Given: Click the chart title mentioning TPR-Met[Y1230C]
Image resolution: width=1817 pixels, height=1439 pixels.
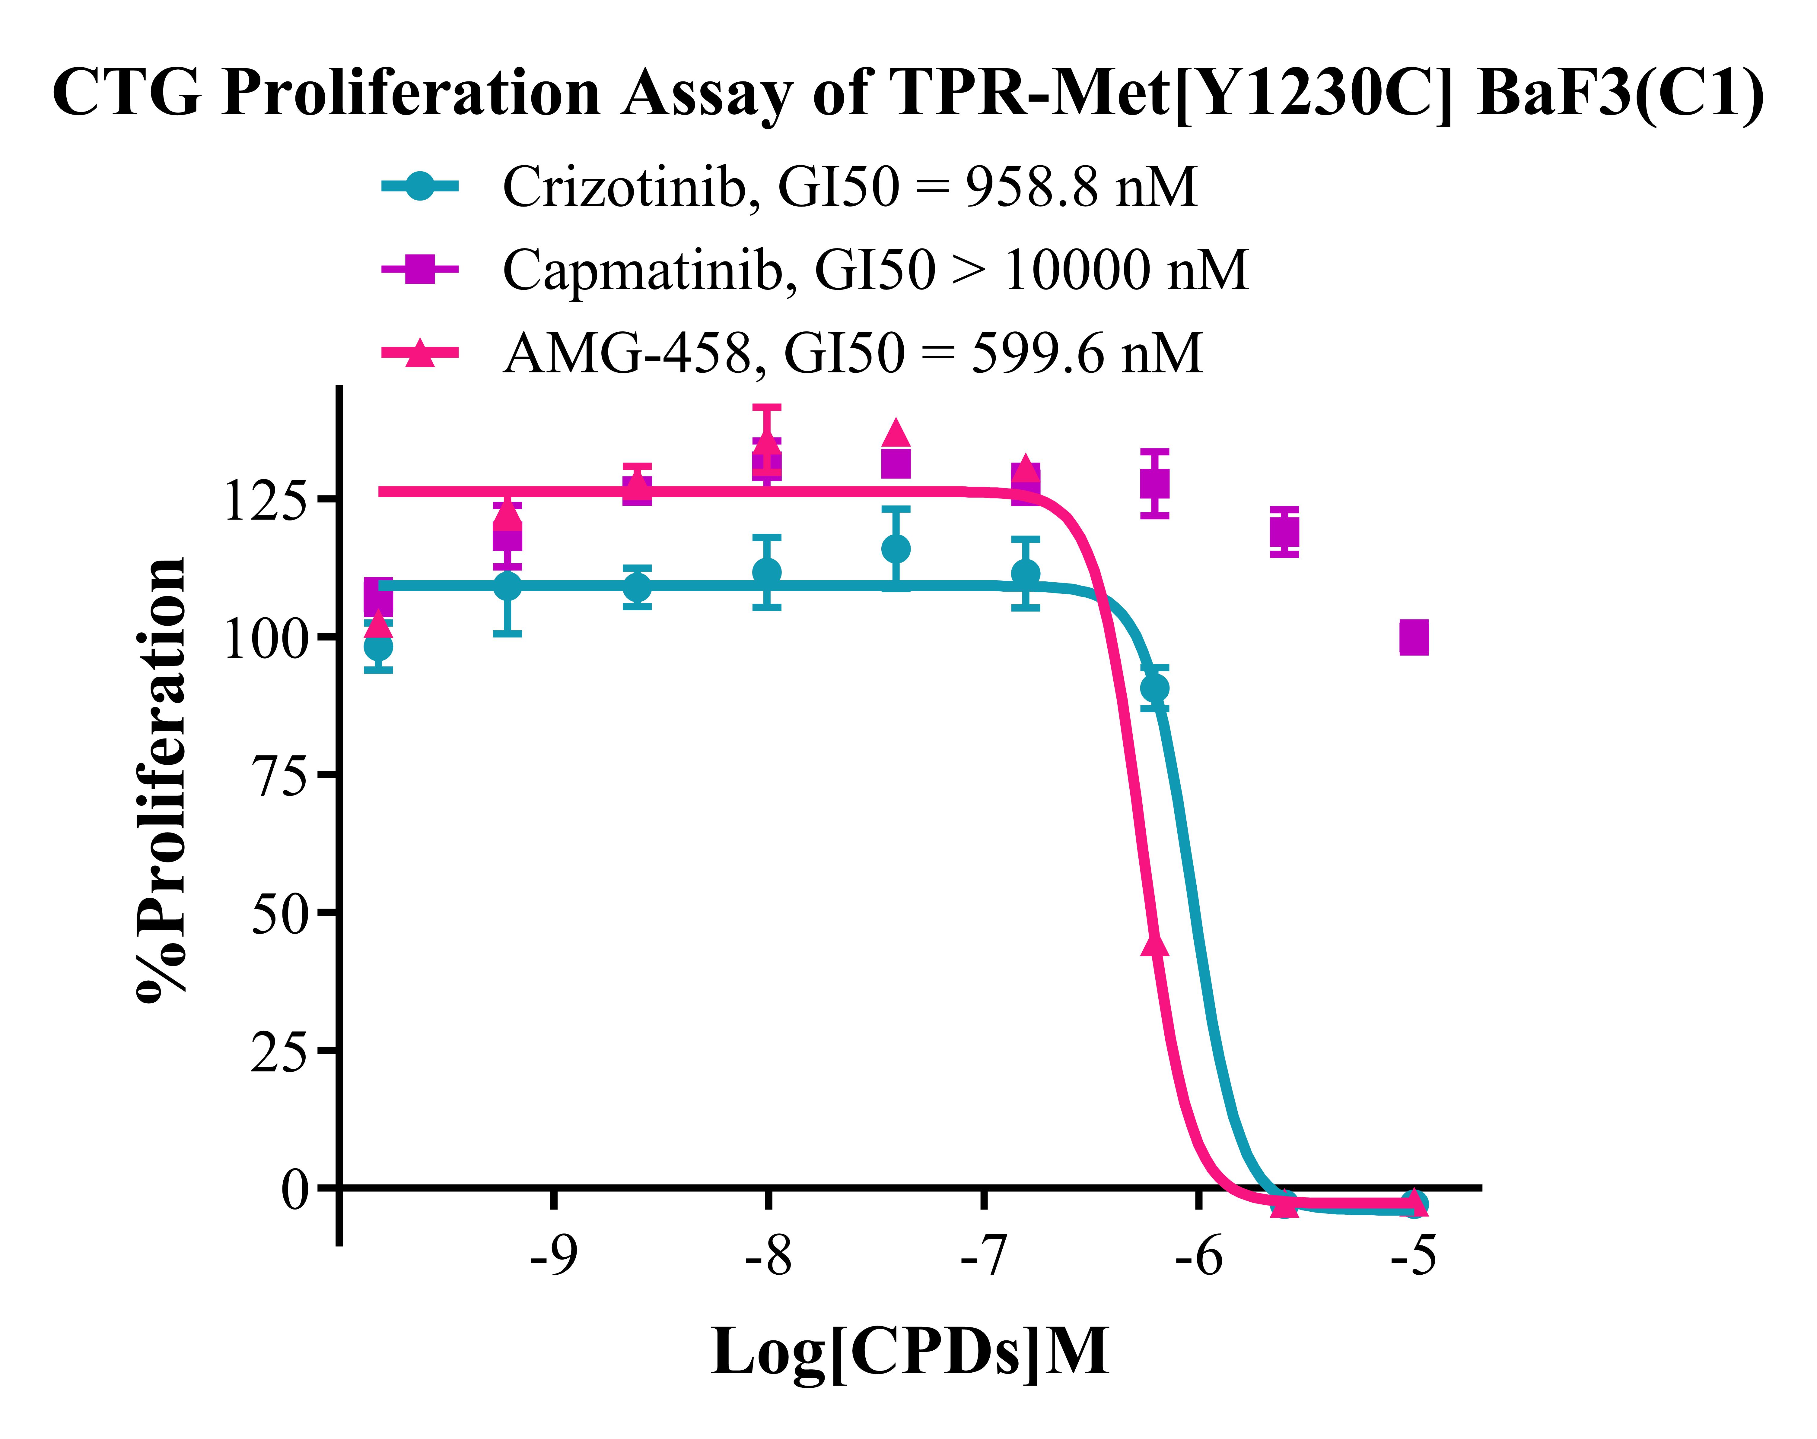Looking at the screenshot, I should click(x=909, y=93).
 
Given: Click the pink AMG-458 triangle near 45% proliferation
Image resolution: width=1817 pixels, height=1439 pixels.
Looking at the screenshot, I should click(x=1155, y=944).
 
